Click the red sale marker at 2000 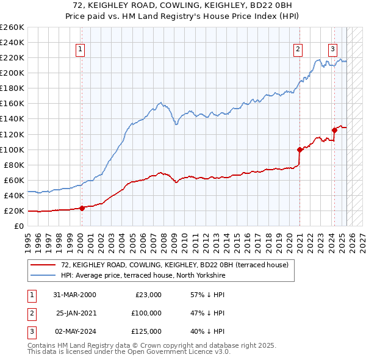click(x=82, y=208)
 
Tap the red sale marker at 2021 click(x=300, y=149)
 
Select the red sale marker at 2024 click(x=334, y=129)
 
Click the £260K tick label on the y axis click(x=12, y=27)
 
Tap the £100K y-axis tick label click(x=12, y=149)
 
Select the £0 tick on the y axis click(x=19, y=226)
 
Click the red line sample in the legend click(x=43, y=264)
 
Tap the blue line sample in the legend click(x=43, y=275)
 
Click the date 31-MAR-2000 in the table click(x=75, y=295)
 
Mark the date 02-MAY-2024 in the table click(x=75, y=331)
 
